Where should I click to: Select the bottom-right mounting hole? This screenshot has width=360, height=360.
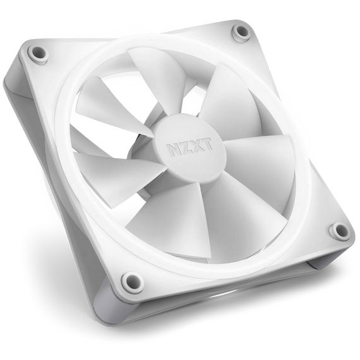pos(339,231)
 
